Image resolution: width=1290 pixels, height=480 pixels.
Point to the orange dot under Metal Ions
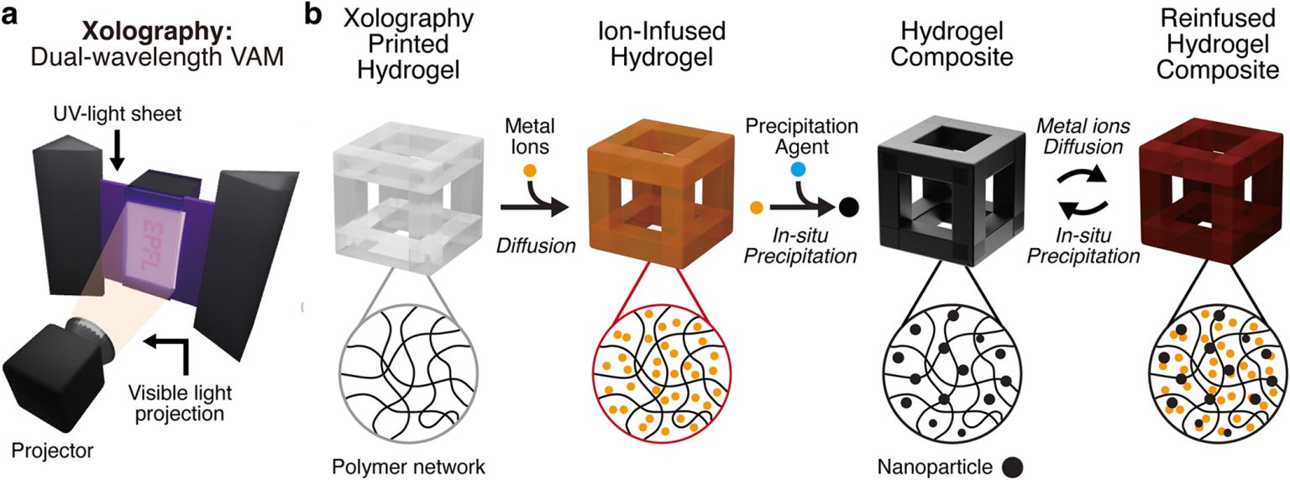click(529, 171)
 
